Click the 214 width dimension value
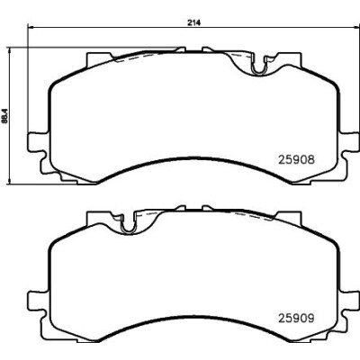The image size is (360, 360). (x=194, y=22)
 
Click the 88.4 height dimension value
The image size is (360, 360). (x=4, y=115)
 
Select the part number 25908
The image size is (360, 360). (x=297, y=160)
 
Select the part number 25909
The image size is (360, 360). (x=297, y=318)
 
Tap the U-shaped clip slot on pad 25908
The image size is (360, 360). (x=258, y=67)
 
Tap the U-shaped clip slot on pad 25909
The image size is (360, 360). (x=129, y=225)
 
